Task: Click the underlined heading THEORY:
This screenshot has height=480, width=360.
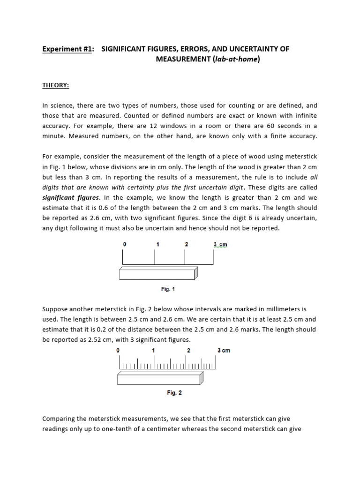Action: pyautogui.click(x=56, y=85)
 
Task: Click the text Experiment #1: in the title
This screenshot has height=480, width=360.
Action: pyautogui.click(x=67, y=49)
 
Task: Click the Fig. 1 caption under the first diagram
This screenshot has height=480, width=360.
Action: pyautogui.click(x=168, y=289)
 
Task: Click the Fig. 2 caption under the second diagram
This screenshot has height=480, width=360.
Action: pyautogui.click(x=174, y=393)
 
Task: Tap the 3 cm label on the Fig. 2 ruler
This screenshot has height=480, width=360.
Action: pyautogui.click(x=224, y=351)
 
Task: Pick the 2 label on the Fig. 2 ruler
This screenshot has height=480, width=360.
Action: pyautogui.click(x=188, y=351)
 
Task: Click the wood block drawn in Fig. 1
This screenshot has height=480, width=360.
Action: pyautogui.click(x=158, y=274)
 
